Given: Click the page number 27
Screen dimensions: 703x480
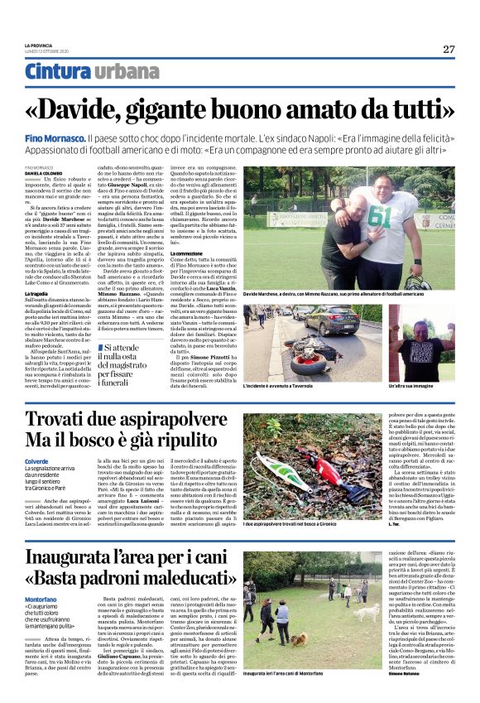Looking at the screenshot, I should click(448, 49).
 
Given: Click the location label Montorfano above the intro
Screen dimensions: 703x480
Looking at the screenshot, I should click(42, 575).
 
